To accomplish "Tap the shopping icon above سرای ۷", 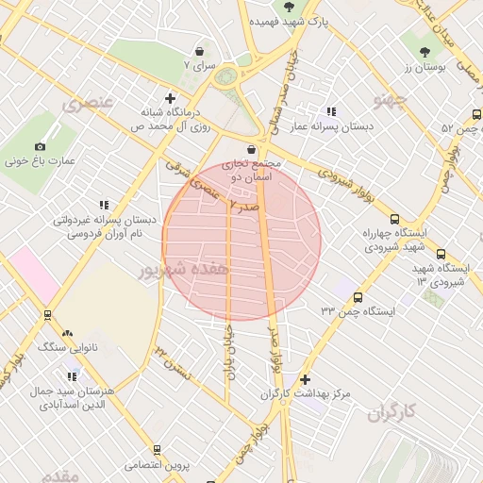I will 199,52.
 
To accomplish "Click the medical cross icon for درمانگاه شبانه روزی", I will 170,97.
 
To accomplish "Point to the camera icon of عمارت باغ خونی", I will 40,146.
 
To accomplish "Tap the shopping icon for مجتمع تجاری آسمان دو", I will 251,149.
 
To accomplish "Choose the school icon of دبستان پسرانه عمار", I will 330,111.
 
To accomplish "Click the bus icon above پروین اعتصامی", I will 157,450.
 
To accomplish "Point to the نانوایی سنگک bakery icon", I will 66,333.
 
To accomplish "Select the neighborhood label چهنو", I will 391,98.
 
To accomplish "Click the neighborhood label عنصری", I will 87,103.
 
